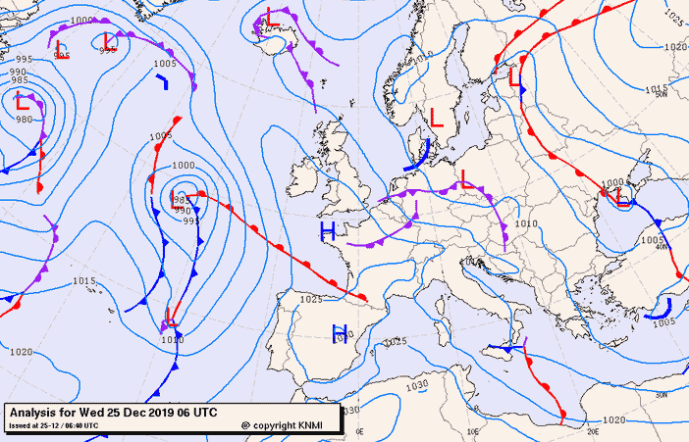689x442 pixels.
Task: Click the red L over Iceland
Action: click(272, 18)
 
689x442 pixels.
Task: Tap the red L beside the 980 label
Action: click(23, 100)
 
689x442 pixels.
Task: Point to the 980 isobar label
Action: click(24, 120)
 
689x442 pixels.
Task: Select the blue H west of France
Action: click(328, 231)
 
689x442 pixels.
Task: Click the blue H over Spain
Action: click(341, 331)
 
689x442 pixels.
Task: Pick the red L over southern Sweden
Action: click(437, 120)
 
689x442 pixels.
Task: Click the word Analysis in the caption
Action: click(37, 412)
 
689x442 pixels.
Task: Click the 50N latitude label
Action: click(661, 95)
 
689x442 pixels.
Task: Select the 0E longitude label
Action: click(359, 431)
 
